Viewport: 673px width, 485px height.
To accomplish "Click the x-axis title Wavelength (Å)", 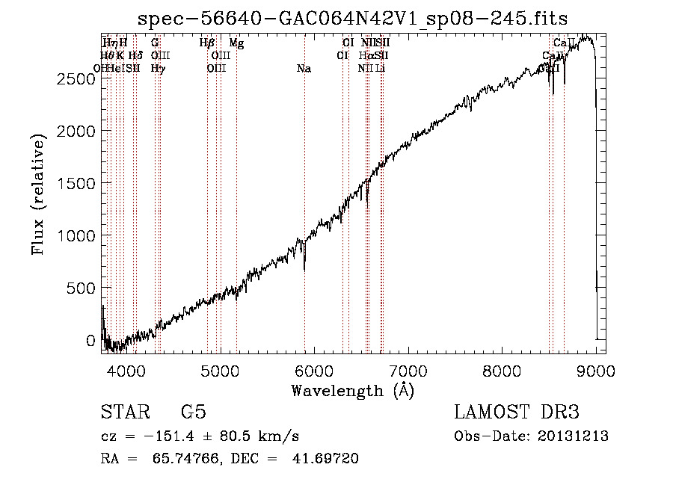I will coord(352,390).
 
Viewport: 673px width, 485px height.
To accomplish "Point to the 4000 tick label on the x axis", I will coord(126,371).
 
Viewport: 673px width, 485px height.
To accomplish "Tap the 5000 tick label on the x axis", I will coord(220,371).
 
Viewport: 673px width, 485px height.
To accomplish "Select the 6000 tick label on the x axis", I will coord(314,371).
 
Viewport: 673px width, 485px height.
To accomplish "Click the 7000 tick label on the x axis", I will coord(408,371).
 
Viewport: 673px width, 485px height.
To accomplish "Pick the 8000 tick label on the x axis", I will coord(502,371).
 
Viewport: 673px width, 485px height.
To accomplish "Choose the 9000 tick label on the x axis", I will coord(596,371).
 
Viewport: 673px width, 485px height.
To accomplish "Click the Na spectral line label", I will coord(304,69).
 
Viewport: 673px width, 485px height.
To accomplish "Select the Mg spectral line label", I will coord(236,43).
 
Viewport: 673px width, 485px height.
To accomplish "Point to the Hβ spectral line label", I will coord(207,43).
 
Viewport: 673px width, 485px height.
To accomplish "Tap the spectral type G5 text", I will coord(193,413).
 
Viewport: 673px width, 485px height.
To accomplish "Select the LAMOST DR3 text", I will coord(516,413).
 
